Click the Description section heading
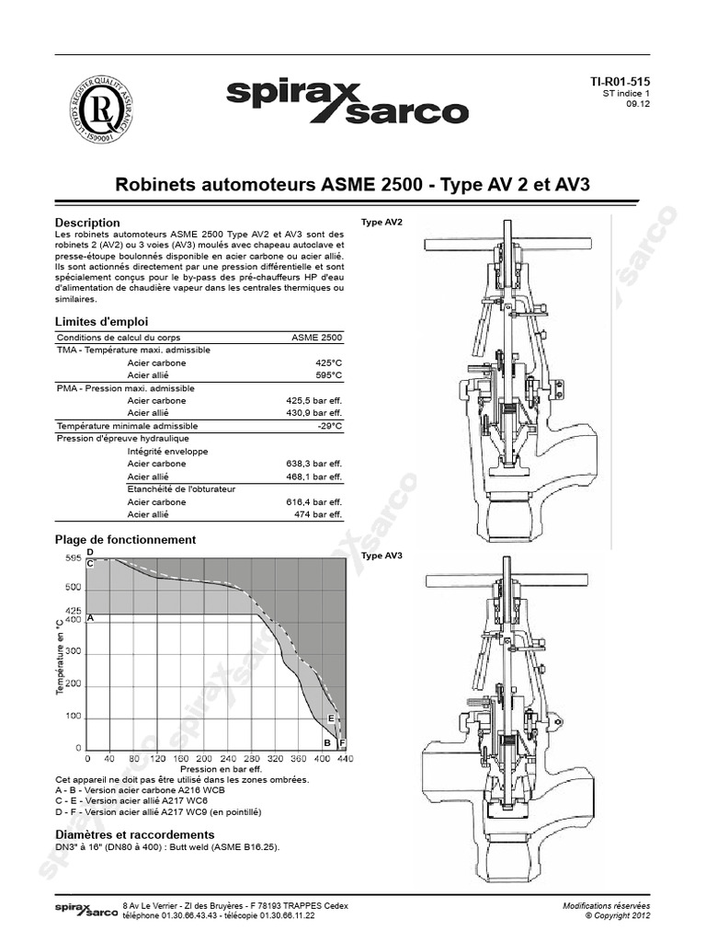87,223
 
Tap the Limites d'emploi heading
101,321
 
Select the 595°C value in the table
328,375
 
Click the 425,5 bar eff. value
313,401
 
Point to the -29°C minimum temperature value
329,426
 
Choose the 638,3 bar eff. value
313,464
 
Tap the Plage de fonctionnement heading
125,539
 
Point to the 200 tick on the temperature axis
73,684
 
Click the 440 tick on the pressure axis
345,759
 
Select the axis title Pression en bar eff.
221,769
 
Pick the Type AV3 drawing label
381,556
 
